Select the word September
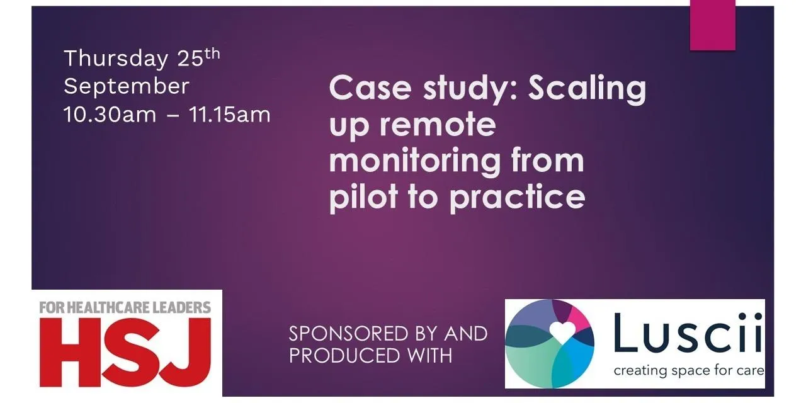(127, 87)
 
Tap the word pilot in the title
(363, 196)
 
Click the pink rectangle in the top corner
(713, 25)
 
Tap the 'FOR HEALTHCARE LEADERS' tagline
(125, 308)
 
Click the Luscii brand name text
(688, 334)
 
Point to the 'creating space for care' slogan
(689, 370)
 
